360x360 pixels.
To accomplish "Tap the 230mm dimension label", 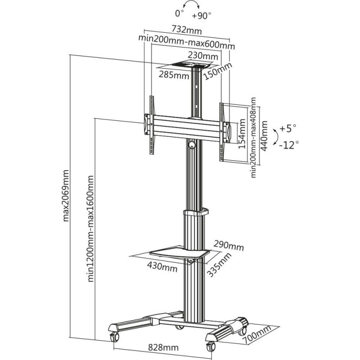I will (202, 56).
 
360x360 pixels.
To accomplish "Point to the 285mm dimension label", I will (173, 75).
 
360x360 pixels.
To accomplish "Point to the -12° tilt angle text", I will (288, 145).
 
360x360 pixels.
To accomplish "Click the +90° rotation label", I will (201, 15).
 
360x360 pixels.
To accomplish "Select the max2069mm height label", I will (66, 196).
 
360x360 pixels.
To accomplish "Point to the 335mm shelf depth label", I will (220, 265).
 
